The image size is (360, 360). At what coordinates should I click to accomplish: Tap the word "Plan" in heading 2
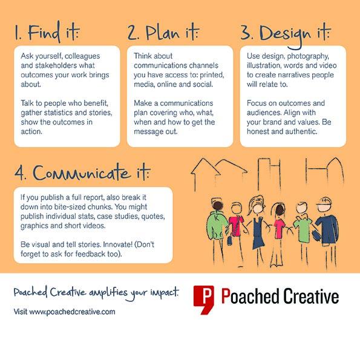point(163,33)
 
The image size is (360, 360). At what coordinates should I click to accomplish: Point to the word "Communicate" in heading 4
point(82,172)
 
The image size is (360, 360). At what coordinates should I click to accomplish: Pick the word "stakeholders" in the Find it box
point(53,65)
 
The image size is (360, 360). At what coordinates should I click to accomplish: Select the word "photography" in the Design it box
point(308,56)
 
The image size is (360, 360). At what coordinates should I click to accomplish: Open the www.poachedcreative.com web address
point(73,312)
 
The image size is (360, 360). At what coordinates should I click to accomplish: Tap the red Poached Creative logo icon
point(203,299)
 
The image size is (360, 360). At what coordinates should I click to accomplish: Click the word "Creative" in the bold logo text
point(311,296)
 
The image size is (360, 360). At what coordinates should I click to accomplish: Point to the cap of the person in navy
point(324,201)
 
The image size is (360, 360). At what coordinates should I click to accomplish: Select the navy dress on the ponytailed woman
point(258,234)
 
